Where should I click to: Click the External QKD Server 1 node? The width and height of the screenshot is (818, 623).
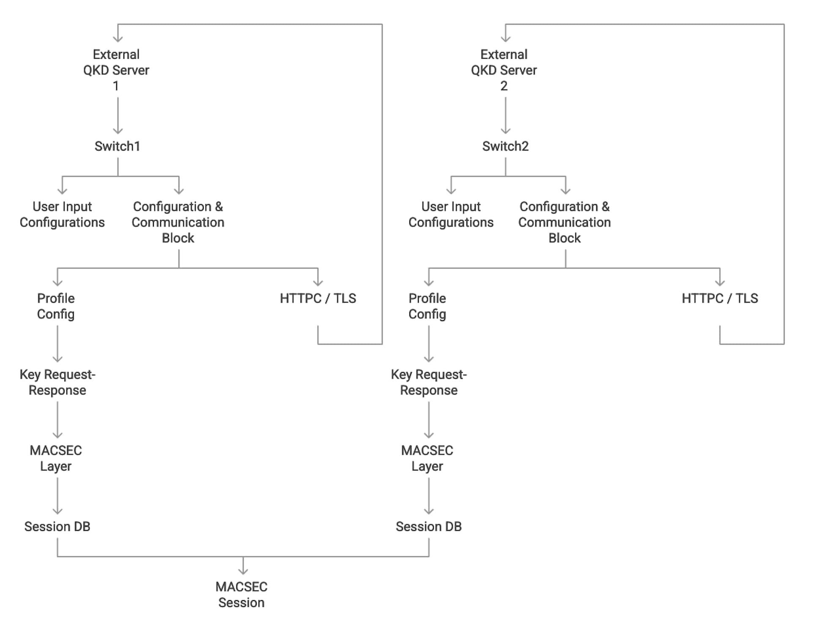click(116, 70)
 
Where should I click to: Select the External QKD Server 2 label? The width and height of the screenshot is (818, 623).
click(504, 70)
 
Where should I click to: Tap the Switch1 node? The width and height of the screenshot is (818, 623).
click(117, 146)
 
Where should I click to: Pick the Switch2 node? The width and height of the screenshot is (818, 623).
click(505, 146)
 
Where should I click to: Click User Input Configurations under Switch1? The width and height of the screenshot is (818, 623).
click(62, 215)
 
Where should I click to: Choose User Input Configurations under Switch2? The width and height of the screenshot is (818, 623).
click(451, 215)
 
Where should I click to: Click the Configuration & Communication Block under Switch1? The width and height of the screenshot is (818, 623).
click(178, 222)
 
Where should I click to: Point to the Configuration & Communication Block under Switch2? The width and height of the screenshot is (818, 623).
click(564, 222)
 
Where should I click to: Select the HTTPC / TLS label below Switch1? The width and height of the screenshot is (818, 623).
click(318, 299)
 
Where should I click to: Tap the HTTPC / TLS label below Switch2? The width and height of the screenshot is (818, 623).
click(720, 299)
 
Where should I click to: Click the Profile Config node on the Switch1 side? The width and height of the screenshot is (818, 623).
click(56, 306)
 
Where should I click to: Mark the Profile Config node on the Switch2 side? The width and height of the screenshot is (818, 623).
click(427, 306)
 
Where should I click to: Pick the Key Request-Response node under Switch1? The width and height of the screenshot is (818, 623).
click(57, 382)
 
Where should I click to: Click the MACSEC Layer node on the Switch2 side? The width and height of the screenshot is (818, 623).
click(427, 458)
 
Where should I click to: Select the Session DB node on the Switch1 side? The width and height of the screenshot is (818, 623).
click(57, 527)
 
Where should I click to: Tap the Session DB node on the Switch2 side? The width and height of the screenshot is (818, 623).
click(428, 527)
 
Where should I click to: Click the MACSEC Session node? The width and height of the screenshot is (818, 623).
click(241, 595)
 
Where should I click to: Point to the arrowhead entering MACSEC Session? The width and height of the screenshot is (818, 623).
click(243, 571)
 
